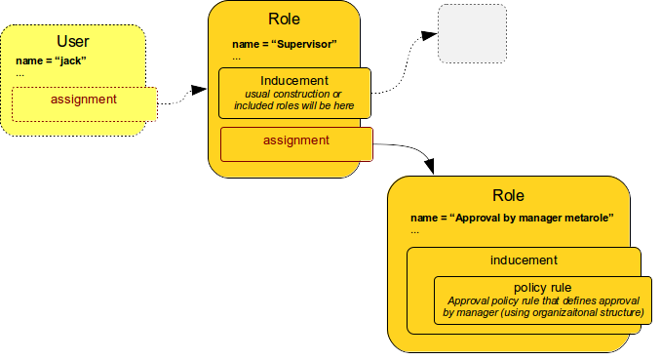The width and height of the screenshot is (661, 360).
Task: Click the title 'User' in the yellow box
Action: (x=73, y=41)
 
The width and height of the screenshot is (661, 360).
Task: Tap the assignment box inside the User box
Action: (x=84, y=100)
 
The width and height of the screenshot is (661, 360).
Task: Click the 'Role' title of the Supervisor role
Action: (x=284, y=20)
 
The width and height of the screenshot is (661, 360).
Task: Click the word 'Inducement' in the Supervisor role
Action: (x=294, y=80)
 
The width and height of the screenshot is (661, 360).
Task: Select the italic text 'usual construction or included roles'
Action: (x=294, y=100)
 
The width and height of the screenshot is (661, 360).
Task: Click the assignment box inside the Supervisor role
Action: (x=296, y=141)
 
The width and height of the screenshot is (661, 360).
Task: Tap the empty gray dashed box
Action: (x=472, y=35)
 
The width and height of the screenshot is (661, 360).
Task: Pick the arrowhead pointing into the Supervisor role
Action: (x=200, y=90)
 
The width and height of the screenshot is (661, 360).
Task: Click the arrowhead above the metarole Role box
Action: (x=428, y=167)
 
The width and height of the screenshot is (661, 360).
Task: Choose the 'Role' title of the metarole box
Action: (x=509, y=195)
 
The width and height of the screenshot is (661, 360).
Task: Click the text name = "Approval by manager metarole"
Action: (x=512, y=218)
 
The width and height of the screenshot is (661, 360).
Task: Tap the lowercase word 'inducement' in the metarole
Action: (x=523, y=260)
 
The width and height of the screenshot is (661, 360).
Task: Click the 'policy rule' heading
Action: (x=542, y=288)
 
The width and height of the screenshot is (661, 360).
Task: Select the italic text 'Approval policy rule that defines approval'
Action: (x=542, y=301)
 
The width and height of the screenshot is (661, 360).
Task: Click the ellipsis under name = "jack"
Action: (x=19, y=73)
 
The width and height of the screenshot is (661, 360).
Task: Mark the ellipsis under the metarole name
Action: (x=414, y=231)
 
